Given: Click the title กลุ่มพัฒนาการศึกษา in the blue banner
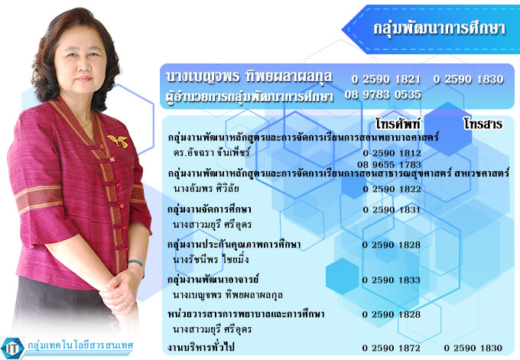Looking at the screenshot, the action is pyautogui.click(x=440, y=29).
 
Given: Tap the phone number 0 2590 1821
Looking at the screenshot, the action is pyautogui.click(x=385, y=79).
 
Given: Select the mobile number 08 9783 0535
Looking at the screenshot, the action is pyautogui.click(x=382, y=95).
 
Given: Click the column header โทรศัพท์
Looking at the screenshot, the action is pyautogui.click(x=398, y=124).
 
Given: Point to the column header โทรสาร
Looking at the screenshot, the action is pyautogui.click(x=483, y=124).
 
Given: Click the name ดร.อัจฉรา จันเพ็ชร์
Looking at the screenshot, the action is pyautogui.click(x=211, y=153).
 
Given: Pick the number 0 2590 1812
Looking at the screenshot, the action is pyautogui.click(x=392, y=153).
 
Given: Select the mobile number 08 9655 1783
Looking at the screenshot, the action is pyautogui.click(x=389, y=164).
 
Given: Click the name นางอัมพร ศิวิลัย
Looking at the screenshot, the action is pyautogui.click(x=206, y=189).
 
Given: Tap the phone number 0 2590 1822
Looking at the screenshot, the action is pyautogui.click(x=392, y=190).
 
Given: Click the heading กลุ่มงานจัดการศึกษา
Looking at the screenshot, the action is pyautogui.click(x=210, y=210).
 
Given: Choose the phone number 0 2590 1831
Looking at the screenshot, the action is pyautogui.click(x=392, y=210).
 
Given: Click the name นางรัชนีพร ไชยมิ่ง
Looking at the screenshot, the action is pyautogui.click(x=210, y=259).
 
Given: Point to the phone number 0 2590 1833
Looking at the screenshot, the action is pyautogui.click(x=392, y=280).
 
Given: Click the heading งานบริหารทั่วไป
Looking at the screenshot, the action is pyautogui.click(x=201, y=348).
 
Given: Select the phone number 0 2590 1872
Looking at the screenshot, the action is pyautogui.click(x=392, y=348).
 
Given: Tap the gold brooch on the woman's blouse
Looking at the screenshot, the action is pyautogui.click(x=118, y=141).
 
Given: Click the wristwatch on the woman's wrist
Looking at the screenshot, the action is pyautogui.click(x=135, y=262).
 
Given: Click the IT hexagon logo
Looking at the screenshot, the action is pyautogui.click(x=12, y=348).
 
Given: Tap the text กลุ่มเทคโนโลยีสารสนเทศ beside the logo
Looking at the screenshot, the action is pyautogui.click(x=80, y=345).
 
